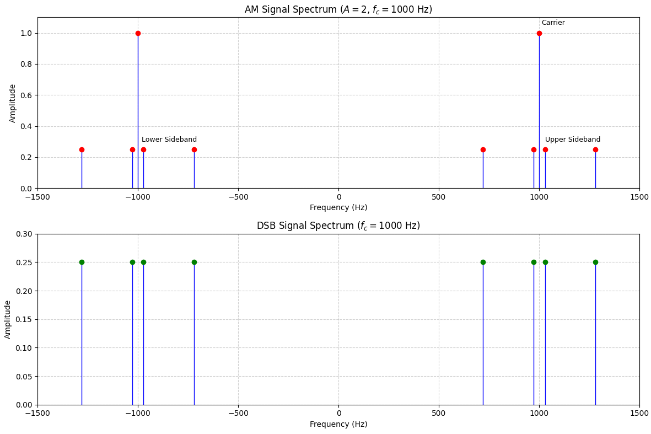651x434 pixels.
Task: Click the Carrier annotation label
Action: pyautogui.click(x=553, y=23)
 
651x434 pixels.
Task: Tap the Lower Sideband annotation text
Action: pyautogui.click(x=169, y=140)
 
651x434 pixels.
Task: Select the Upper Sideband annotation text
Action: pyautogui.click(x=572, y=140)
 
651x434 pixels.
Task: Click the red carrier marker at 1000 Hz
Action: pyautogui.click(x=539, y=33)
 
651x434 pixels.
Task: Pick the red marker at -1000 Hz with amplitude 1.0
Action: pyautogui.click(x=138, y=33)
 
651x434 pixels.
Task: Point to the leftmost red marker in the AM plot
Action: pyautogui.click(x=82, y=149)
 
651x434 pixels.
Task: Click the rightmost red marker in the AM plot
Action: pyautogui.click(x=595, y=149)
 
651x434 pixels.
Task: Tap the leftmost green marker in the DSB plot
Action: pyautogui.click(x=82, y=262)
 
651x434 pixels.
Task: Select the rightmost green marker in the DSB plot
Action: pyautogui.click(x=595, y=262)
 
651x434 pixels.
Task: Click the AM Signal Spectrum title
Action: pyautogui.click(x=338, y=9)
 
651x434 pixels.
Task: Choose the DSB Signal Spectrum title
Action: pyautogui.click(x=338, y=226)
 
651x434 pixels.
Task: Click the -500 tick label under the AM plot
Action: pyautogui.click(x=238, y=196)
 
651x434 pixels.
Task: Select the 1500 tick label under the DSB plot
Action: pyautogui.click(x=639, y=412)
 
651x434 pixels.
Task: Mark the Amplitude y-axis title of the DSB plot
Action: pyautogui.click(x=8, y=319)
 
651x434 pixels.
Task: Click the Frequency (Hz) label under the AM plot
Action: pyautogui.click(x=338, y=207)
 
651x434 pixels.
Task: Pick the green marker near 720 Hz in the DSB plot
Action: pyautogui.click(x=483, y=262)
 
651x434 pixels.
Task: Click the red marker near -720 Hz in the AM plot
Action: pyautogui.click(x=194, y=149)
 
